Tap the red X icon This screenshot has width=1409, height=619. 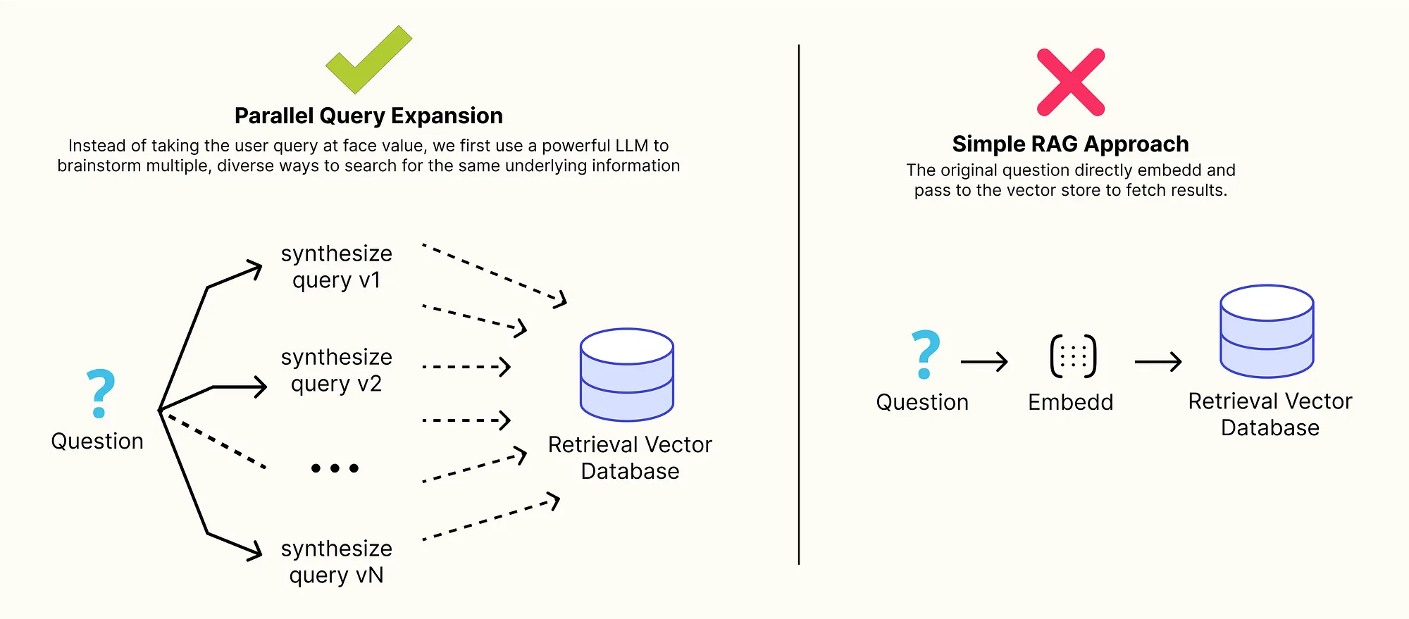click(x=1071, y=82)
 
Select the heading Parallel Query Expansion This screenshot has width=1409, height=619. click(x=368, y=115)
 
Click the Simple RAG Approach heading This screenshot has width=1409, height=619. click(x=1070, y=144)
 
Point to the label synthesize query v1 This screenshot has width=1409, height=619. click(x=336, y=267)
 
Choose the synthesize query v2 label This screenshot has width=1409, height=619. click(x=336, y=370)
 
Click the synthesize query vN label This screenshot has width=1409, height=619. click(x=336, y=562)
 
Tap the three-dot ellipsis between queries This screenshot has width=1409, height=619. click(x=335, y=468)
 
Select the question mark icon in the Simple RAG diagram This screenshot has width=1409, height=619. click(x=925, y=354)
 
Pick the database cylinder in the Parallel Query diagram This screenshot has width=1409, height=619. click(x=627, y=375)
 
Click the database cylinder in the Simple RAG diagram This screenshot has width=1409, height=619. click(x=1267, y=331)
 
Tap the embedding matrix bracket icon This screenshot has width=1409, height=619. click(x=1073, y=356)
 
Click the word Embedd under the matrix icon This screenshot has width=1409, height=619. click(x=1070, y=402)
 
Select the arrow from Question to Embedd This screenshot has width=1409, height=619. click(x=984, y=362)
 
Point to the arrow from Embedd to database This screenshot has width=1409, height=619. click(x=1158, y=362)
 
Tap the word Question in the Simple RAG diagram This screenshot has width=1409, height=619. click(x=922, y=402)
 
